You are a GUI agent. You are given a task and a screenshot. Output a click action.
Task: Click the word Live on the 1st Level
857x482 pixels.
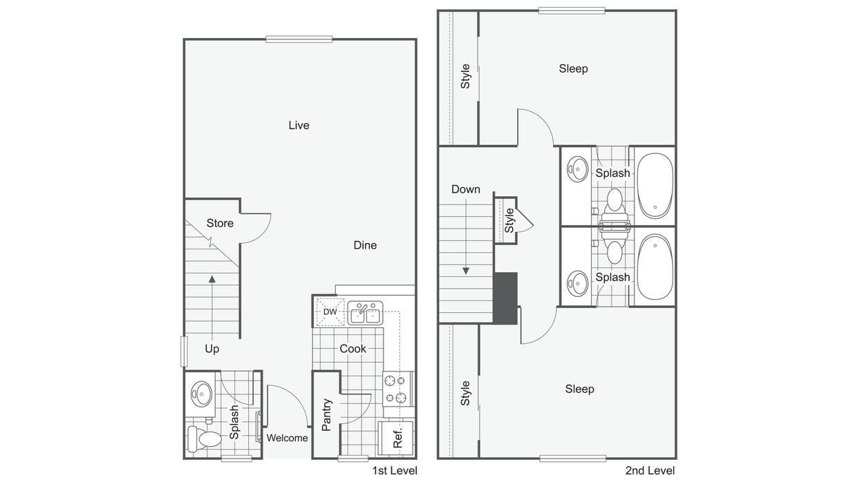(x=299, y=125)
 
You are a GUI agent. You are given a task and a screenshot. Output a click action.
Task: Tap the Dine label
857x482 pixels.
(x=365, y=245)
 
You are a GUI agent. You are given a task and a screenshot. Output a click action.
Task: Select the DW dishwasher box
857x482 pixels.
(x=330, y=311)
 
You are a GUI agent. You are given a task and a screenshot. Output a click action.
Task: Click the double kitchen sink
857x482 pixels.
(x=365, y=313)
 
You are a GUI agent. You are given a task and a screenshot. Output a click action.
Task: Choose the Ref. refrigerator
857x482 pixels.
(x=395, y=438)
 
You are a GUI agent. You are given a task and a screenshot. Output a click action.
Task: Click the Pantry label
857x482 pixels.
(x=326, y=415)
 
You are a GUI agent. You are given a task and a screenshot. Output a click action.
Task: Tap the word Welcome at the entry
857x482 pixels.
(x=287, y=438)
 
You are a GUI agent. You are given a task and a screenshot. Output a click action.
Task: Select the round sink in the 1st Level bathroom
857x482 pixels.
(x=201, y=394)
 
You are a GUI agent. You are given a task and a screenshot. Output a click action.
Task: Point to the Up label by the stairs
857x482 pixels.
(x=212, y=349)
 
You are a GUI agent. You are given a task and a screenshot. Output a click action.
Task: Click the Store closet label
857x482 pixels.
(x=220, y=223)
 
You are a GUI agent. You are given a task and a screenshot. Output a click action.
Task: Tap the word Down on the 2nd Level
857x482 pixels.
(x=466, y=189)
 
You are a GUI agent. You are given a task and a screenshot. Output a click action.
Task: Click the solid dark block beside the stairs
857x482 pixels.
(x=505, y=298)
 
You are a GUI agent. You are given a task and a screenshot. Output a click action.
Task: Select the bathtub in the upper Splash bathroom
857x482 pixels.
(x=655, y=186)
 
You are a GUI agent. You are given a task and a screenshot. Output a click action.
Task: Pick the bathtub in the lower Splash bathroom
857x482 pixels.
(x=655, y=267)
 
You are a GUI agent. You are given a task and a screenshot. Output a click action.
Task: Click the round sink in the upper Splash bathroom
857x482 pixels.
(x=578, y=168)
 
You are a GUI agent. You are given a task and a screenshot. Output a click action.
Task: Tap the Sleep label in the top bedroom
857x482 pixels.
(x=573, y=69)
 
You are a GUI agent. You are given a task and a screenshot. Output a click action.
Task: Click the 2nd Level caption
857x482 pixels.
(x=650, y=470)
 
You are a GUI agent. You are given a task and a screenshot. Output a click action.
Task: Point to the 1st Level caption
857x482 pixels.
(x=395, y=470)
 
